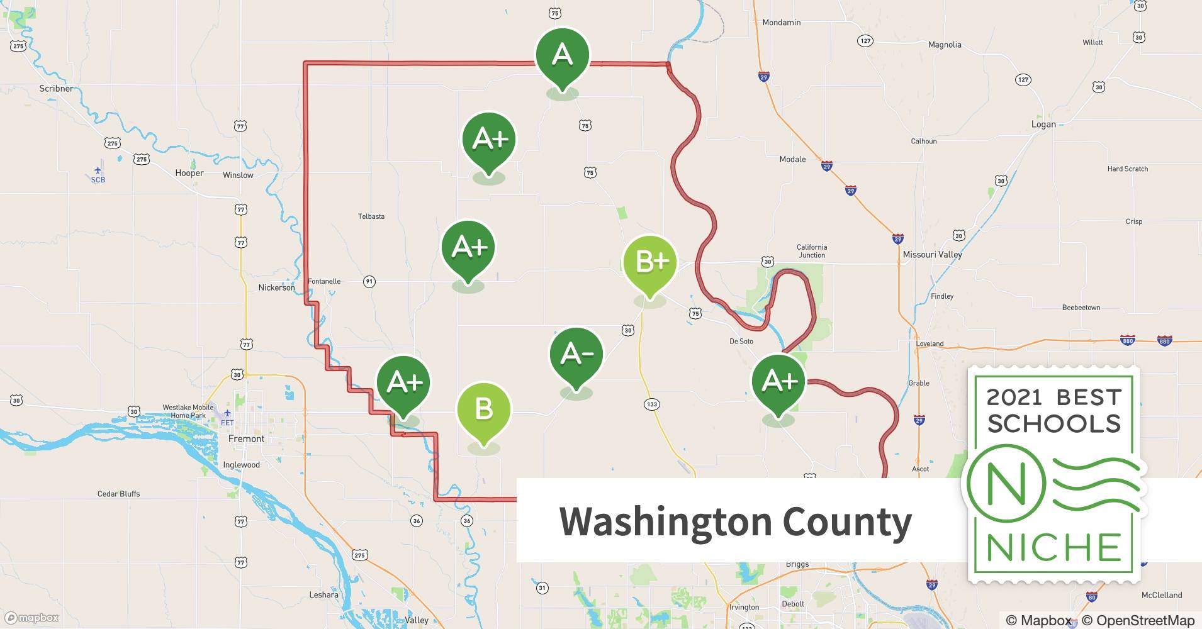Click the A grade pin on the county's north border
[x=563, y=57]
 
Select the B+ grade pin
[x=649, y=262]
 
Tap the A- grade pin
[x=576, y=355]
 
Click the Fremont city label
[x=246, y=439]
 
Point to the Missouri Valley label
[x=932, y=255]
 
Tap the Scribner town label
[x=56, y=89]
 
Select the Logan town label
[x=1043, y=125]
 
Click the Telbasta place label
[x=371, y=216]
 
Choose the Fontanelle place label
[x=324, y=281]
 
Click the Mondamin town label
[x=781, y=23]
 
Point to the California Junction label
[x=812, y=251]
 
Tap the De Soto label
[x=741, y=342]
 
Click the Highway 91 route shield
[x=369, y=282]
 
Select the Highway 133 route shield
[x=652, y=404]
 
